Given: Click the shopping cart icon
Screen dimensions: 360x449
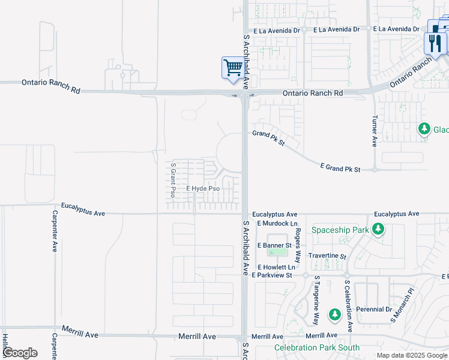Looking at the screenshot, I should tap(232, 67).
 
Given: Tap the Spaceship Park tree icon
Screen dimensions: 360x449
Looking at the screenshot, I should tap(378, 229).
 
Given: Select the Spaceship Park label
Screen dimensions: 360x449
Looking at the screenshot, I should tap(340, 230).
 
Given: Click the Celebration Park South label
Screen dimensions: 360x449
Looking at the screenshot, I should tap(317, 347).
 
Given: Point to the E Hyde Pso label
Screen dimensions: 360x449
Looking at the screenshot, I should tap(202, 188).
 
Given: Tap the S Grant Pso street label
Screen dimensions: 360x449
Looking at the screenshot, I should tap(173, 180).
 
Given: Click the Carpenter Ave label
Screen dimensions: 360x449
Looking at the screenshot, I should tap(55, 230).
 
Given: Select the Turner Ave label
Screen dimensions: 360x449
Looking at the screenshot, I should tap(375, 131).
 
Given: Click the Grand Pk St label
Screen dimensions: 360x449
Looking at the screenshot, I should tap(268, 139).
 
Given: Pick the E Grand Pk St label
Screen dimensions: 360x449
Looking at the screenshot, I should tap(340, 168).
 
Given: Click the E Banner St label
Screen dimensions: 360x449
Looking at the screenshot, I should tap(274, 245).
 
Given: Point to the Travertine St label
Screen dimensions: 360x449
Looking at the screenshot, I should tap(327, 256).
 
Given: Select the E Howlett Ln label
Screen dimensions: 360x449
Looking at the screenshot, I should tap(276, 267).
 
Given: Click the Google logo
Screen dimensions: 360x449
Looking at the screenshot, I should tap(20, 353).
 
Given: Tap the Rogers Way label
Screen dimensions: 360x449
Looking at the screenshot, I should tap(297, 245).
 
